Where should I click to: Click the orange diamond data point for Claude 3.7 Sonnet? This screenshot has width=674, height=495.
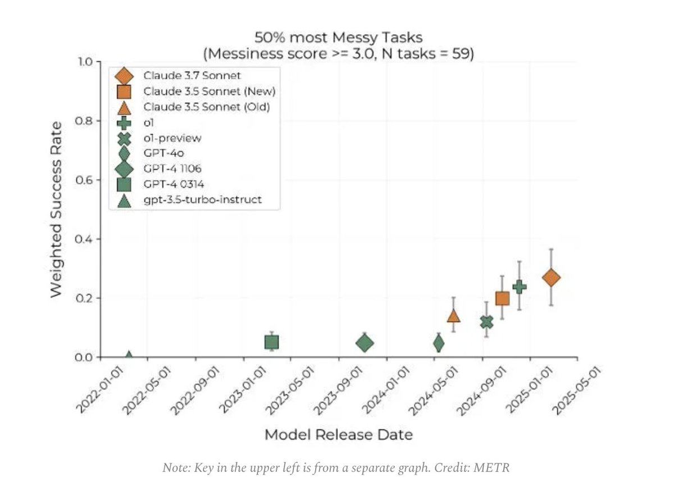pyautogui.click(x=551, y=278)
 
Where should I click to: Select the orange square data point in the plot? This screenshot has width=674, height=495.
pyautogui.click(x=502, y=298)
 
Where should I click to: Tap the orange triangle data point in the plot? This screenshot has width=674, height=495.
pyautogui.click(x=454, y=316)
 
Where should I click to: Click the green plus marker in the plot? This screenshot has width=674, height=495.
pyautogui.click(x=520, y=287)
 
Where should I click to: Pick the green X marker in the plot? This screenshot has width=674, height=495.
pyautogui.click(x=486, y=322)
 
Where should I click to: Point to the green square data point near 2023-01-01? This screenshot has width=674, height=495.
pyautogui.click(x=272, y=342)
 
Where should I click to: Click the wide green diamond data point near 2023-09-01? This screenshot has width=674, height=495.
pyautogui.click(x=365, y=343)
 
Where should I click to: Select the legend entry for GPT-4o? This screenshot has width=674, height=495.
pyautogui.click(x=159, y=152)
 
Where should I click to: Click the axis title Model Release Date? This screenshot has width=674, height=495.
pyautogui.click(x=338, y=434)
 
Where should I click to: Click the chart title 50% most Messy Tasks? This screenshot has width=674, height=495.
pyautogui.click(x=338, y=38)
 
